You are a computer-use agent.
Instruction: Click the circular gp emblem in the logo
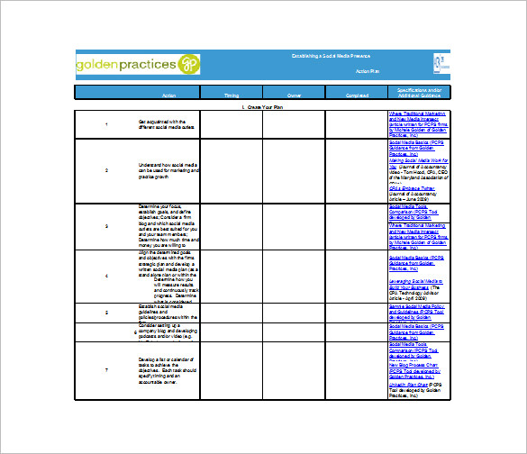188,64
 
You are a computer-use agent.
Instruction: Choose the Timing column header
232,95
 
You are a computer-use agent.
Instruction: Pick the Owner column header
294,95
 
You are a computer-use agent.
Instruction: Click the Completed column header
356,95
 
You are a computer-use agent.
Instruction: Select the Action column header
168,95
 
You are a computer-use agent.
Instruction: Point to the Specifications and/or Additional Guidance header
419,92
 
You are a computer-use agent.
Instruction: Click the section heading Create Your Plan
262,106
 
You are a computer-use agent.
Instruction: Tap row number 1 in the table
106,124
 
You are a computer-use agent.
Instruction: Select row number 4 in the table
106,276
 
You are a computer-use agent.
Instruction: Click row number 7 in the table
106,370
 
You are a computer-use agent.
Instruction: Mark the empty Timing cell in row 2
232,168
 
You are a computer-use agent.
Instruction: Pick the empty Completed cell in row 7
356,370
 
